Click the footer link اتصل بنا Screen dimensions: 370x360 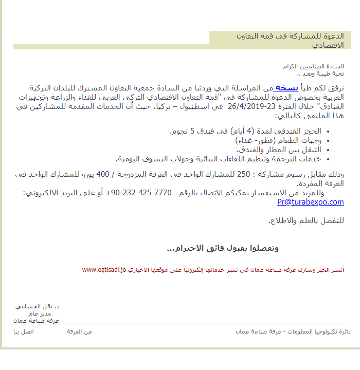24,331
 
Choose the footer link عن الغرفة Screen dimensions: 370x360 80,331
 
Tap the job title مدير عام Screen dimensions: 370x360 40,313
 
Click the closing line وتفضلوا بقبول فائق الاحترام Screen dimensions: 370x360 223,248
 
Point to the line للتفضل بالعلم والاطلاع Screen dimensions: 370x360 306,220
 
